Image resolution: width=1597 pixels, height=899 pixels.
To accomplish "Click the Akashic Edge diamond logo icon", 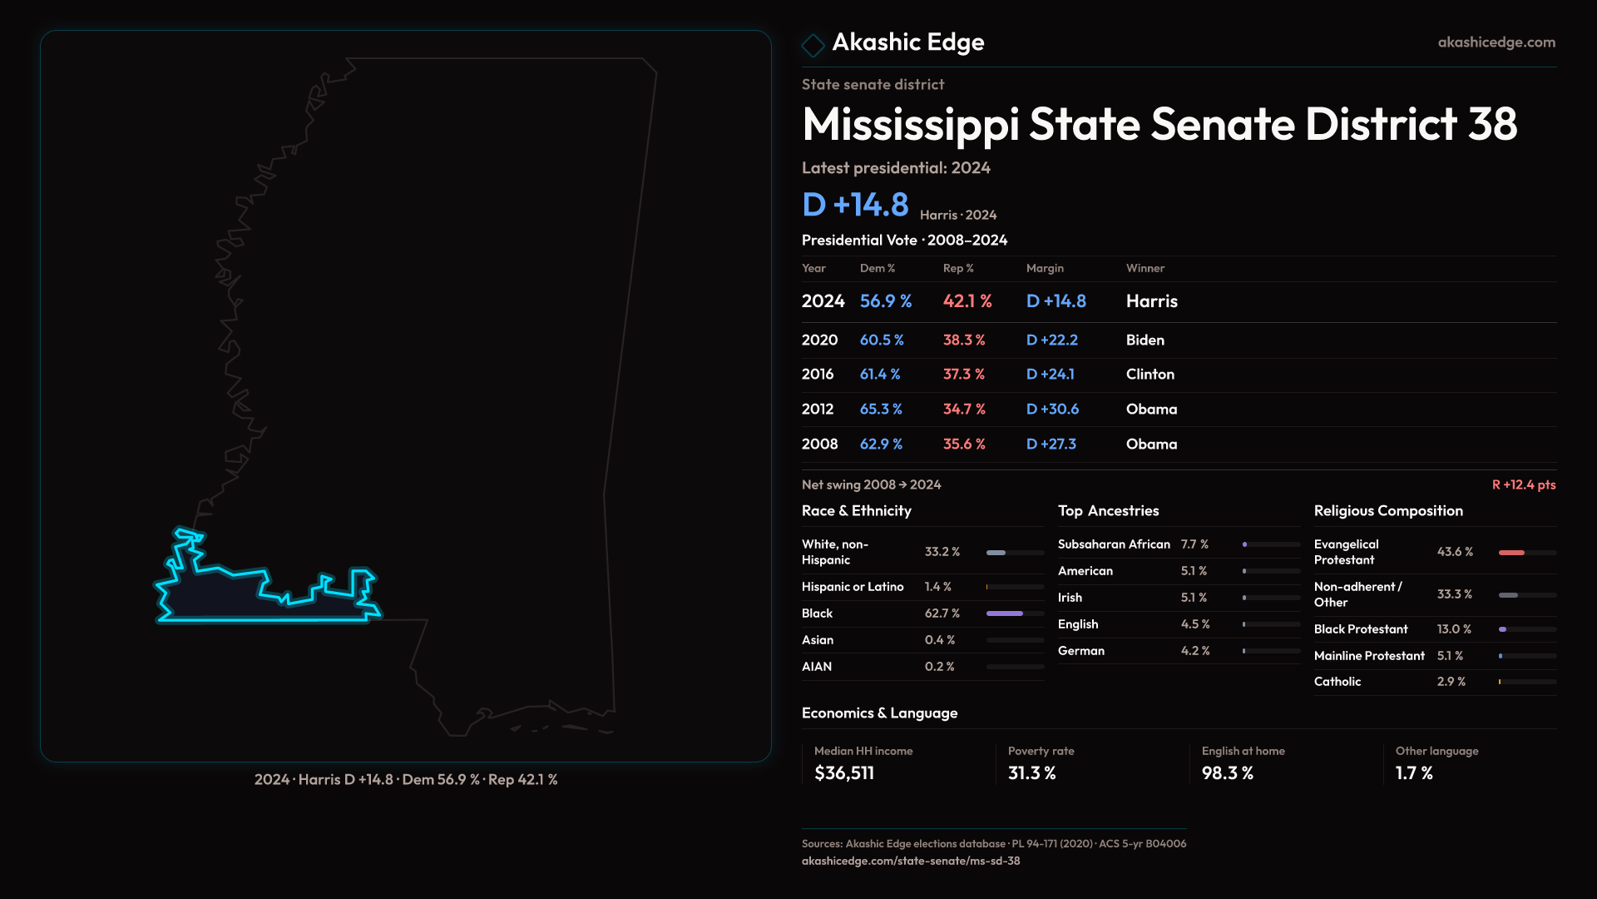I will pos(813,45).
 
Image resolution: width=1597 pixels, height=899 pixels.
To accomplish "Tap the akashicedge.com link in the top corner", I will pos(1496,42).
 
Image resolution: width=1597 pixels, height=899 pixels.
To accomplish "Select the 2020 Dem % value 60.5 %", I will pos(881,340).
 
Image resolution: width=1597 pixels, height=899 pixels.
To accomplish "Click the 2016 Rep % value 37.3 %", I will pos(963,375).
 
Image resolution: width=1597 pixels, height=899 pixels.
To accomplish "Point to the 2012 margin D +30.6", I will pos(1052,410).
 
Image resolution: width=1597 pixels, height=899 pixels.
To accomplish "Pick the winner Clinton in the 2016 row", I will pos(1150,375).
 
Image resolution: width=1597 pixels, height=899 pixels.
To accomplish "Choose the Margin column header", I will pos(1045,268).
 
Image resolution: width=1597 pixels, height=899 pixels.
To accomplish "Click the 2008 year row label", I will pos(819,445).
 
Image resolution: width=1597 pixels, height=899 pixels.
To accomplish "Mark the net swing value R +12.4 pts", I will pos(1523,484).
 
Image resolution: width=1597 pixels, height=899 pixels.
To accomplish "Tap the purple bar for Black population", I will pos(1004,613).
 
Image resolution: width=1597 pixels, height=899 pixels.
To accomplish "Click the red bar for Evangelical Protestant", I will pos(1511,553).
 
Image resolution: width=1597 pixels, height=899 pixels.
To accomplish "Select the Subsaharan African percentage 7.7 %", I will pos(1194,544).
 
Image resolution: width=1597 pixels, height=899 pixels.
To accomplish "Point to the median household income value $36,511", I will pos(844,773).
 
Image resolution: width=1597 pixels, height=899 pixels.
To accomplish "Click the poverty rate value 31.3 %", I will pos(1031,773).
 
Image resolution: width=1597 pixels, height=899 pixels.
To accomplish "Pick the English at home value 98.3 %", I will pos(1227,773).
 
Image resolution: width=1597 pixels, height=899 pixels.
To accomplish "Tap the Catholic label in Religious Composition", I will pos(1337,682).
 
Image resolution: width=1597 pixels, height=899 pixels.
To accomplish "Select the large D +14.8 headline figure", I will pos(855,205).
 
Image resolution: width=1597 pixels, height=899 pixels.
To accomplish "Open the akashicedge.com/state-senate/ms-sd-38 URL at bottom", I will pos(910,861).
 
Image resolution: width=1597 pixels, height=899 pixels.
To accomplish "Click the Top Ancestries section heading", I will pos(1108,511).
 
